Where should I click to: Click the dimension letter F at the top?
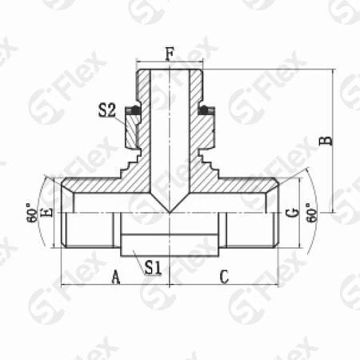170,54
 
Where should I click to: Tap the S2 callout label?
107,110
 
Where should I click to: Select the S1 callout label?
153,267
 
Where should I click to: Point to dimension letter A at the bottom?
115,277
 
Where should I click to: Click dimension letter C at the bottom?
224,277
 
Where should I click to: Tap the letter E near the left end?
46,213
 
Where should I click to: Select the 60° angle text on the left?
32,213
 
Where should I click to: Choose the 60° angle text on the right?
311,213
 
